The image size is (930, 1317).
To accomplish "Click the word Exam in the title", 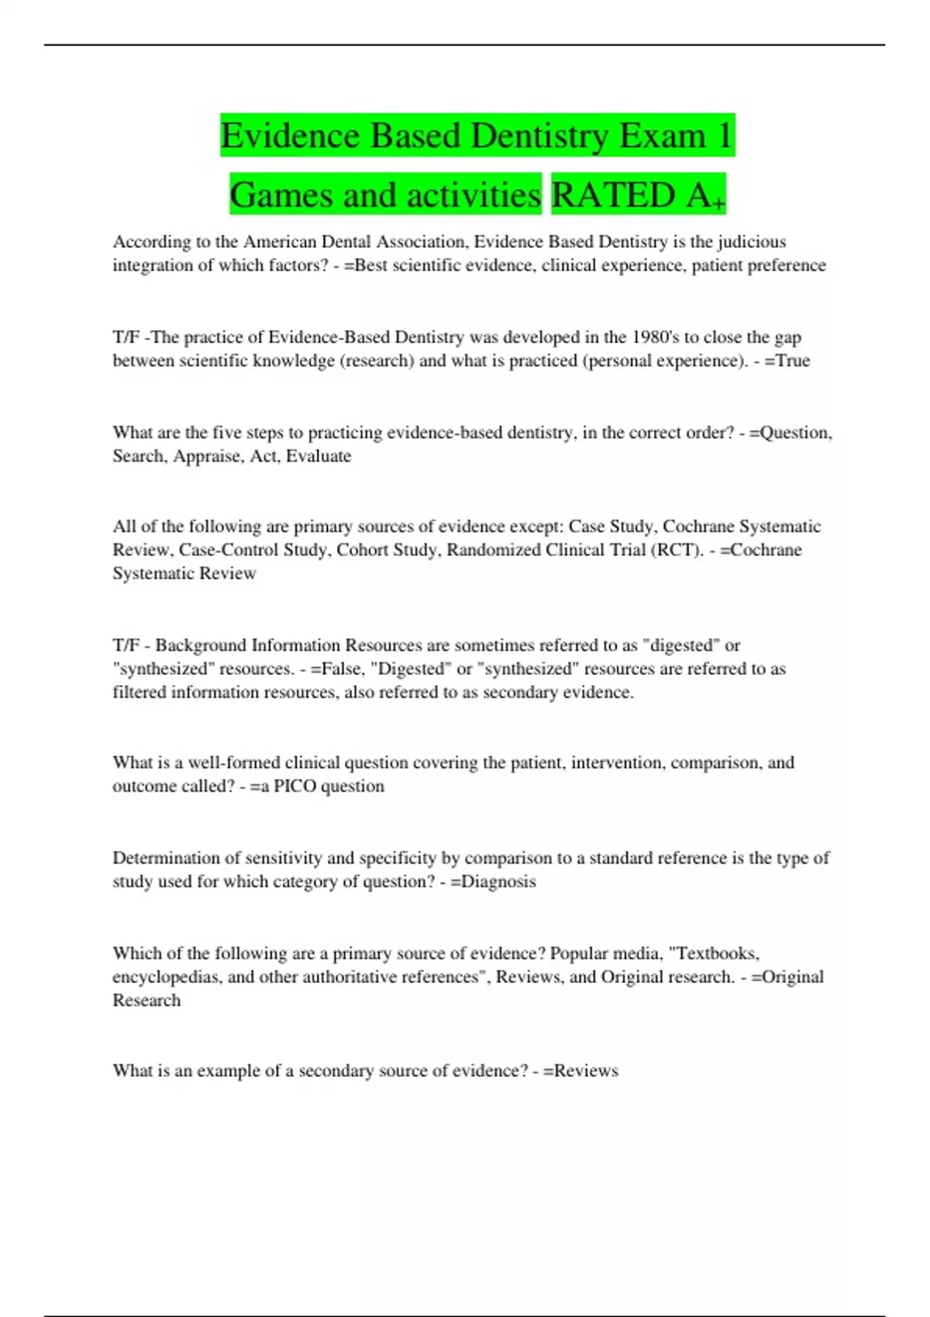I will coord(662,136).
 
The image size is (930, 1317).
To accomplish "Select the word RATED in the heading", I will coord(613,194).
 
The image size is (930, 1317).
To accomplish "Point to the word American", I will coord(280,242).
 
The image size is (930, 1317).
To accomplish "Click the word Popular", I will coord(578,954).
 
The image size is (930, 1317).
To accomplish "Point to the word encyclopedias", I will coord(167,977).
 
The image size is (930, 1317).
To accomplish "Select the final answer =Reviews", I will coord(580,1071).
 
